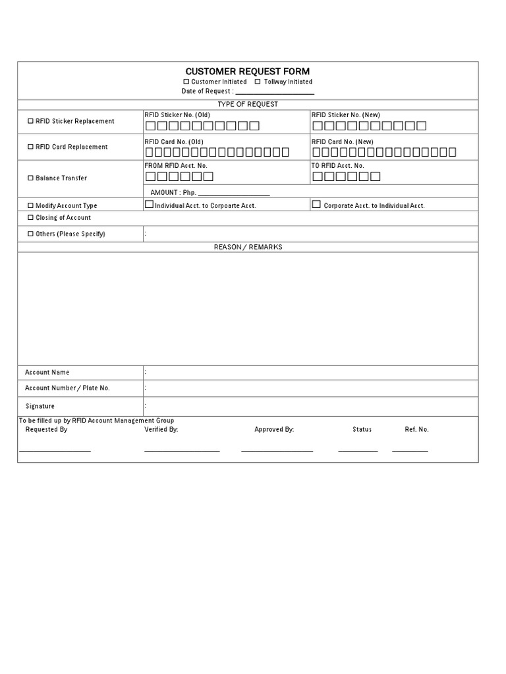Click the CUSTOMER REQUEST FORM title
[247, 71]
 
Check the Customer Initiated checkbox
[186, 82]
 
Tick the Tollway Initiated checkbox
[258, 82]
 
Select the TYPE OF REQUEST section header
[248, 104]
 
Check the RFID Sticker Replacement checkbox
[30, 121]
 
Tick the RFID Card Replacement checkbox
[30, 147]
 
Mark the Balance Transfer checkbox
[30, 178]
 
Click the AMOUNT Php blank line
[234, 195]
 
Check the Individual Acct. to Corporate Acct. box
[149, 205]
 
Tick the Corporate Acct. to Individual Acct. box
[316, 205]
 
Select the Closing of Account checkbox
[30, 218]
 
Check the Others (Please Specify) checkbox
[30, 234]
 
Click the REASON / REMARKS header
[248, 247]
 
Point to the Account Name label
[47, 373]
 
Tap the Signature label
[40, 406]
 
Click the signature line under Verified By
[182, 450]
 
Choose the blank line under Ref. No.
[410, 450]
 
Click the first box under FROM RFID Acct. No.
[150, 176]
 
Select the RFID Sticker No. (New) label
[345, 115]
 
